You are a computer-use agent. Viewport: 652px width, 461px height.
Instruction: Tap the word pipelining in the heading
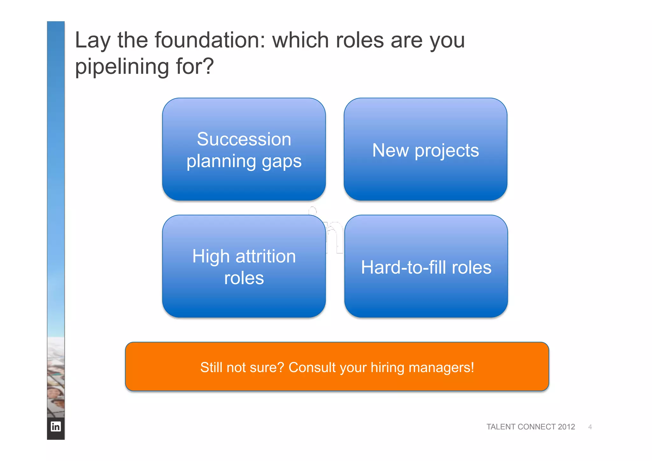point(122,67)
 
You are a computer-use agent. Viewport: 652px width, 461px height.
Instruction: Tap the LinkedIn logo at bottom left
point(56,426)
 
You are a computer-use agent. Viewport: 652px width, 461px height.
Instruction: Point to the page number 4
point(590,427)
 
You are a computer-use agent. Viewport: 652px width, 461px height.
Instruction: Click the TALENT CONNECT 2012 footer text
point(530,427)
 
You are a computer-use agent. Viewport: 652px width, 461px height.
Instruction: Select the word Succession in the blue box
point(244,140)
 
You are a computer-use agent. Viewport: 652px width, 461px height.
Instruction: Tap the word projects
point(447,151)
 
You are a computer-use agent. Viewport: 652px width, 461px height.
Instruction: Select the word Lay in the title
point(93,41)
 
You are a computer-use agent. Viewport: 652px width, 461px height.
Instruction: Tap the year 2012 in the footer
point(566,427)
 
